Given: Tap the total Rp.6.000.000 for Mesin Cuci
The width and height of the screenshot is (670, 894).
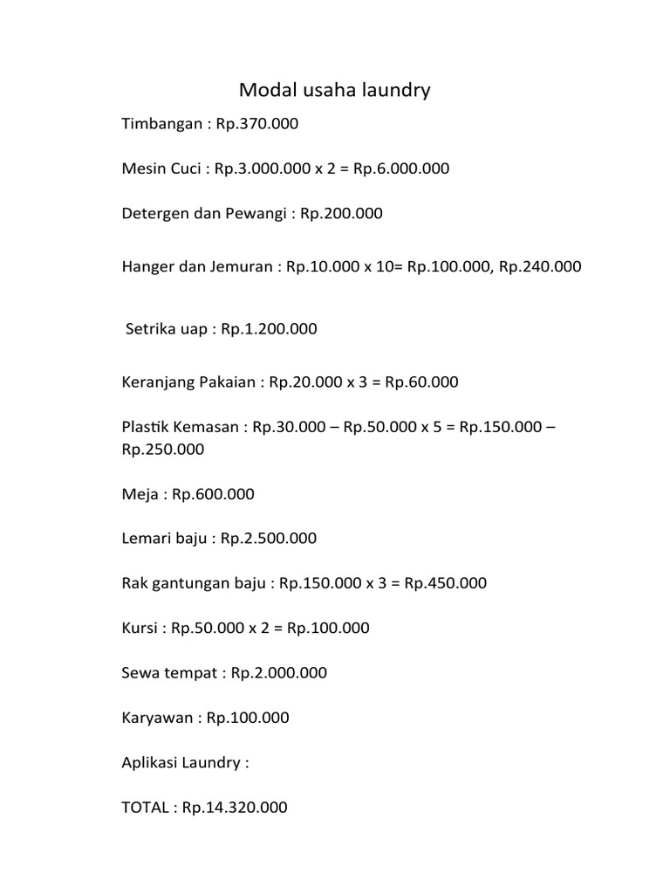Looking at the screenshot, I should [401, 168].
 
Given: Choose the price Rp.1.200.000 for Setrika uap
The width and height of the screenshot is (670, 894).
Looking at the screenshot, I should [269, 329].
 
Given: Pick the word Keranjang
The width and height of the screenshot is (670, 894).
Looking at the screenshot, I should [157, 382].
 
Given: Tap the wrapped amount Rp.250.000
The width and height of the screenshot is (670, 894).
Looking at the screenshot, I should [163, 450].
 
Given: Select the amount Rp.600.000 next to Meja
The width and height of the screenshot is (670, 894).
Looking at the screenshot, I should [213, 494].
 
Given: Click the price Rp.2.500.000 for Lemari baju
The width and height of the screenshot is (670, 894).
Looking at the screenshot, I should [269, 539].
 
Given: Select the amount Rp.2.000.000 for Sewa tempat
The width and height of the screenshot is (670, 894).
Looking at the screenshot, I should [279, 673].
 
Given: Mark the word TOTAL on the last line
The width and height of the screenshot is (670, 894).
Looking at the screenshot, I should [144, 808].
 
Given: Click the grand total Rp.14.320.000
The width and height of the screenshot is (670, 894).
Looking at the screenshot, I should [235, 808].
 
